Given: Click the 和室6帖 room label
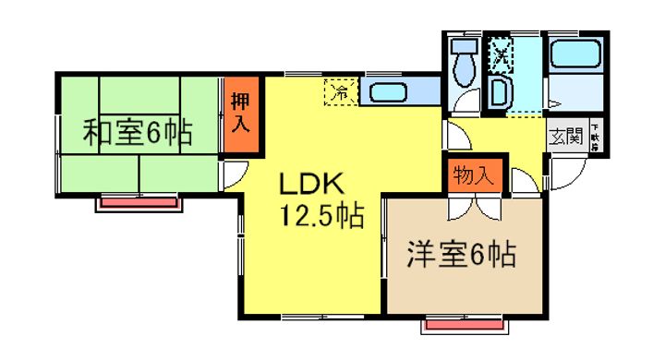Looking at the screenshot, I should coord(138,133).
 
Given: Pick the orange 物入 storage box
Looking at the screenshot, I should coord(474,175).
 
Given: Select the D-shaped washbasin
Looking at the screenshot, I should coord(499,92).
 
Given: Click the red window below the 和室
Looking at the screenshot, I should coord(138,201).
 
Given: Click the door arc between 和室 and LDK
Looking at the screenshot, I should coord(235,174).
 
